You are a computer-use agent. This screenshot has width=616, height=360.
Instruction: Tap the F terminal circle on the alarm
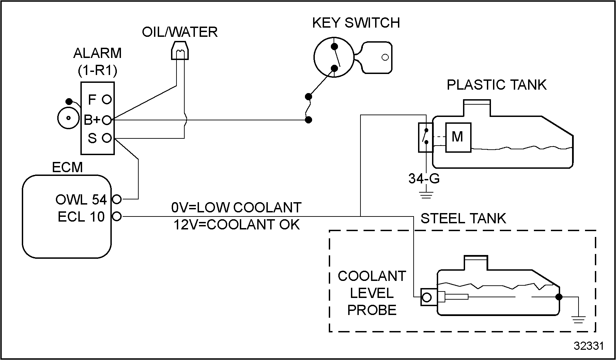(x=107, y=100)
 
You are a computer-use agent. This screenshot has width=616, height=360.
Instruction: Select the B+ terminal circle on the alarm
(x=107, y=120)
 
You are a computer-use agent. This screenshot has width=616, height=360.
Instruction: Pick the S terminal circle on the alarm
(x=107, y=138)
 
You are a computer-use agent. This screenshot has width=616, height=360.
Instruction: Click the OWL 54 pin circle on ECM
(x=117, y=199)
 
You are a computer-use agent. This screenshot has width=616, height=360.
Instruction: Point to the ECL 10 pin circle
(x=117, y=216)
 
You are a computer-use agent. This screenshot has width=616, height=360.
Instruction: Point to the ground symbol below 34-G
(x=426, y=195)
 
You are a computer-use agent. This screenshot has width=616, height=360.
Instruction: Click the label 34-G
(x=424, y=179)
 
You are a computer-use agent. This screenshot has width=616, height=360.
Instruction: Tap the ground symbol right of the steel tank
(x=579, y=319)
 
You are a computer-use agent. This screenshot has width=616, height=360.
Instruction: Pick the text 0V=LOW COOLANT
(x=236, y=208)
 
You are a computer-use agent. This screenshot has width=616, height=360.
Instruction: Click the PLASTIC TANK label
(x=496, y=85)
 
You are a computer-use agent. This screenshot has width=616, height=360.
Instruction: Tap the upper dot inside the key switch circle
(x=335, y=46)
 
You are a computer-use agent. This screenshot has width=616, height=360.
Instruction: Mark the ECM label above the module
(x=67, y=167)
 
